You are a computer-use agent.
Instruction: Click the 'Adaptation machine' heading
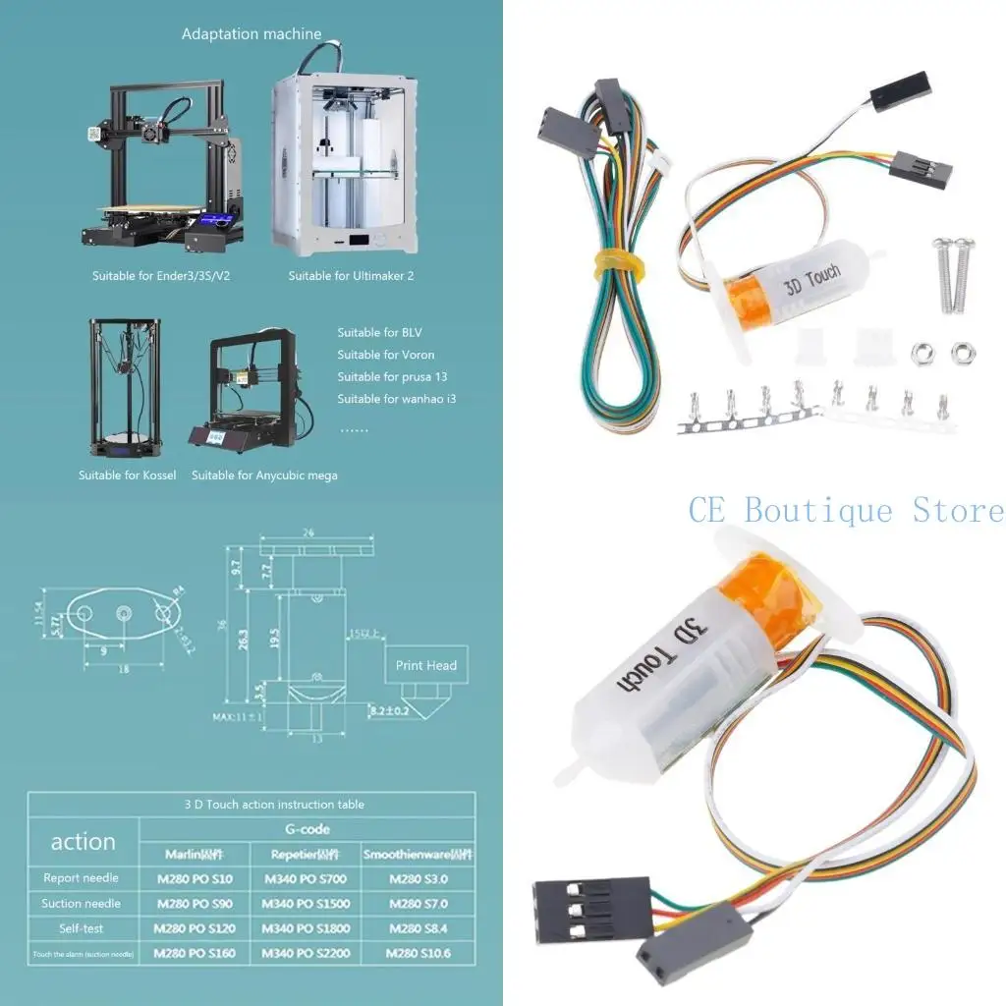[x=251, y=34]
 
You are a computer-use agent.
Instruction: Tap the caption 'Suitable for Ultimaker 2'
[x=351, y=276]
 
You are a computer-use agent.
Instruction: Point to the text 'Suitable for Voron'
[x=385, y=355]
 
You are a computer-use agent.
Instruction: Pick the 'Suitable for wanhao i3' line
[x=396, y=399]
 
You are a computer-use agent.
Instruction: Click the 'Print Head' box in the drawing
[x=425, y=665]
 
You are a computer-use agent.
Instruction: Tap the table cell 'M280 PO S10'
[x=195, y=878]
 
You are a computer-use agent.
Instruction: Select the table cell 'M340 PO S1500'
[x=306, y=904]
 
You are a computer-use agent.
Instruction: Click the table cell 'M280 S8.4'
[x=419, y=928]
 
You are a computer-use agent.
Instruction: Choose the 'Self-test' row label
[x=82, y=928]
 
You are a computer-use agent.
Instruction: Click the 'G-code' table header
[x=307, y=829]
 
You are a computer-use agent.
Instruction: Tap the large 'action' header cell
[x=84, y=842]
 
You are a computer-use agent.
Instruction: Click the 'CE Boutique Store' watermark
[x=846, y=511]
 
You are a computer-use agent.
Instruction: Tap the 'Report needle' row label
[x=82, y=878]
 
